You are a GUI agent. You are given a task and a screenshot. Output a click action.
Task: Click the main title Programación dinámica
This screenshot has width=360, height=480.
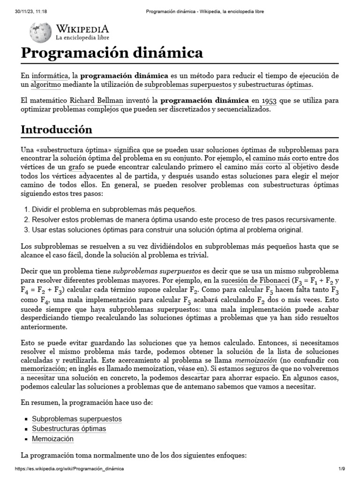[112, 52]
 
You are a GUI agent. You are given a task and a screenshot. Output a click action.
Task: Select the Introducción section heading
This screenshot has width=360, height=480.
[56, 129]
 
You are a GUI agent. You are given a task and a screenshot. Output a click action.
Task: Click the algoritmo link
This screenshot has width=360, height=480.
[46, 84]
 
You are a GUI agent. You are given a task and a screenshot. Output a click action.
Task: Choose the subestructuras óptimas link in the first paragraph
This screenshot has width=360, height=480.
[275, 84]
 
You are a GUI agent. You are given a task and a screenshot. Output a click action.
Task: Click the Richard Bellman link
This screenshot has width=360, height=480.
[97, 100]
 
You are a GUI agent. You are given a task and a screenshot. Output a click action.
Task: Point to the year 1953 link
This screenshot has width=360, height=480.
[269, 100]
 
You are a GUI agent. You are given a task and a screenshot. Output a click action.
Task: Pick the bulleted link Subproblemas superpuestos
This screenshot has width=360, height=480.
[77, 419]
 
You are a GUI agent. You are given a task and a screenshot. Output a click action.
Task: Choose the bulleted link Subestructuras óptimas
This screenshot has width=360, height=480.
[69, 429]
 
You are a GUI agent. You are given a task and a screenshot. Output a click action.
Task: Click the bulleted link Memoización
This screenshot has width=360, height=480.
[53, 439]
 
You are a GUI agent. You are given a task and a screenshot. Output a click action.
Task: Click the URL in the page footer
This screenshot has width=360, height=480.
[70, 469]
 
